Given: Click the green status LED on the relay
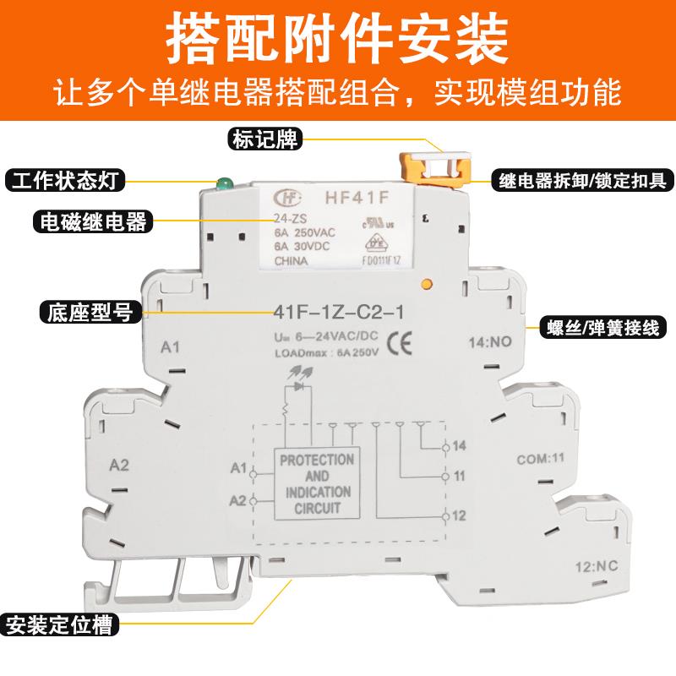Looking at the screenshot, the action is pyautogui.click(x=224, y=183).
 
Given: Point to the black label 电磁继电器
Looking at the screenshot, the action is pyautogui.click(x=89, y=222).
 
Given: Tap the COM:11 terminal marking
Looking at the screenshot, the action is pyautogui.click(x=540, y=461).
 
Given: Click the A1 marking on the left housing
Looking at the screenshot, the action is pyautogui.click(x=172, y=346).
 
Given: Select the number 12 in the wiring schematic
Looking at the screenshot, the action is pyautogui.click(x=460, y=515).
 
